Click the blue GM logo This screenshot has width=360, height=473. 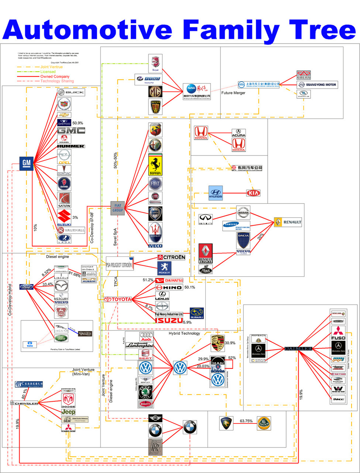point(27,163)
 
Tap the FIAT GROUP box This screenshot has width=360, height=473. point(118,208)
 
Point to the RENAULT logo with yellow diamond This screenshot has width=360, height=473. point(288,222)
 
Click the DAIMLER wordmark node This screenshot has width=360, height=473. point(298,348)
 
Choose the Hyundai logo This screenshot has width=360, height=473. point(216,193)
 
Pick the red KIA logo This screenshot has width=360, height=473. point(253,193)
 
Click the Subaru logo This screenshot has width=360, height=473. point(197,313)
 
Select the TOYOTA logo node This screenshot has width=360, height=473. point(118,299)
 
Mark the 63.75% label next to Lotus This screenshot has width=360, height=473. point(246,421)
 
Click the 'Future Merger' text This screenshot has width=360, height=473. point(233,93)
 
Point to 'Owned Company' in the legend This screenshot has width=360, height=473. point(55,76)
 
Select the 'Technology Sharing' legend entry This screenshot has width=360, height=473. point(57,81)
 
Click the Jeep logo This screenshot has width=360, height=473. point(68,412)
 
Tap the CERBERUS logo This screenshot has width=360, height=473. point(29,384)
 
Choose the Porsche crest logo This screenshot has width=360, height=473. point(217,344)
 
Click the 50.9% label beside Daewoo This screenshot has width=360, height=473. point(78,123)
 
